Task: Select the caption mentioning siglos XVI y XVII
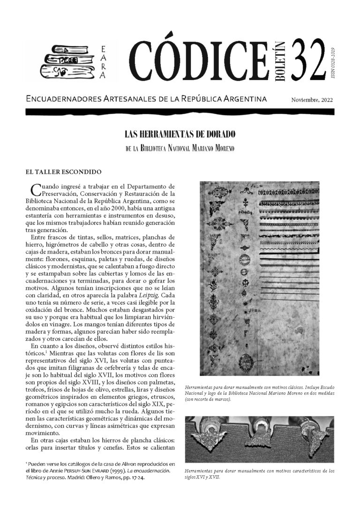(x=260, y=473)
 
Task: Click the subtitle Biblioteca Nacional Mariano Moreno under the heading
(x=180, y=148)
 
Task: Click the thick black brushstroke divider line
(x=180, y=112)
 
